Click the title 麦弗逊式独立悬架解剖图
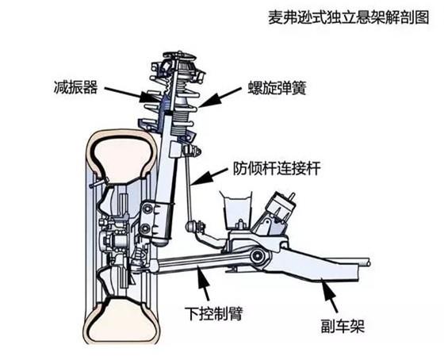point(349,17)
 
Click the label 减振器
point(75,86)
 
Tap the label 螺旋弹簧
point(277,88)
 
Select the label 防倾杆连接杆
point(277,168)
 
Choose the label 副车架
point(343,326)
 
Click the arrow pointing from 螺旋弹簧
point(219,98)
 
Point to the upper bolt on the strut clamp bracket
point(147,209)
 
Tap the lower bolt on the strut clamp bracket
point(146,228)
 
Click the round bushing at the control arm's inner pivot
point(258,256)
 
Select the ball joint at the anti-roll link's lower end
point(191,226)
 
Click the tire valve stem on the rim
point(99,182)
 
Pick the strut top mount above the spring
point(178,66)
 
